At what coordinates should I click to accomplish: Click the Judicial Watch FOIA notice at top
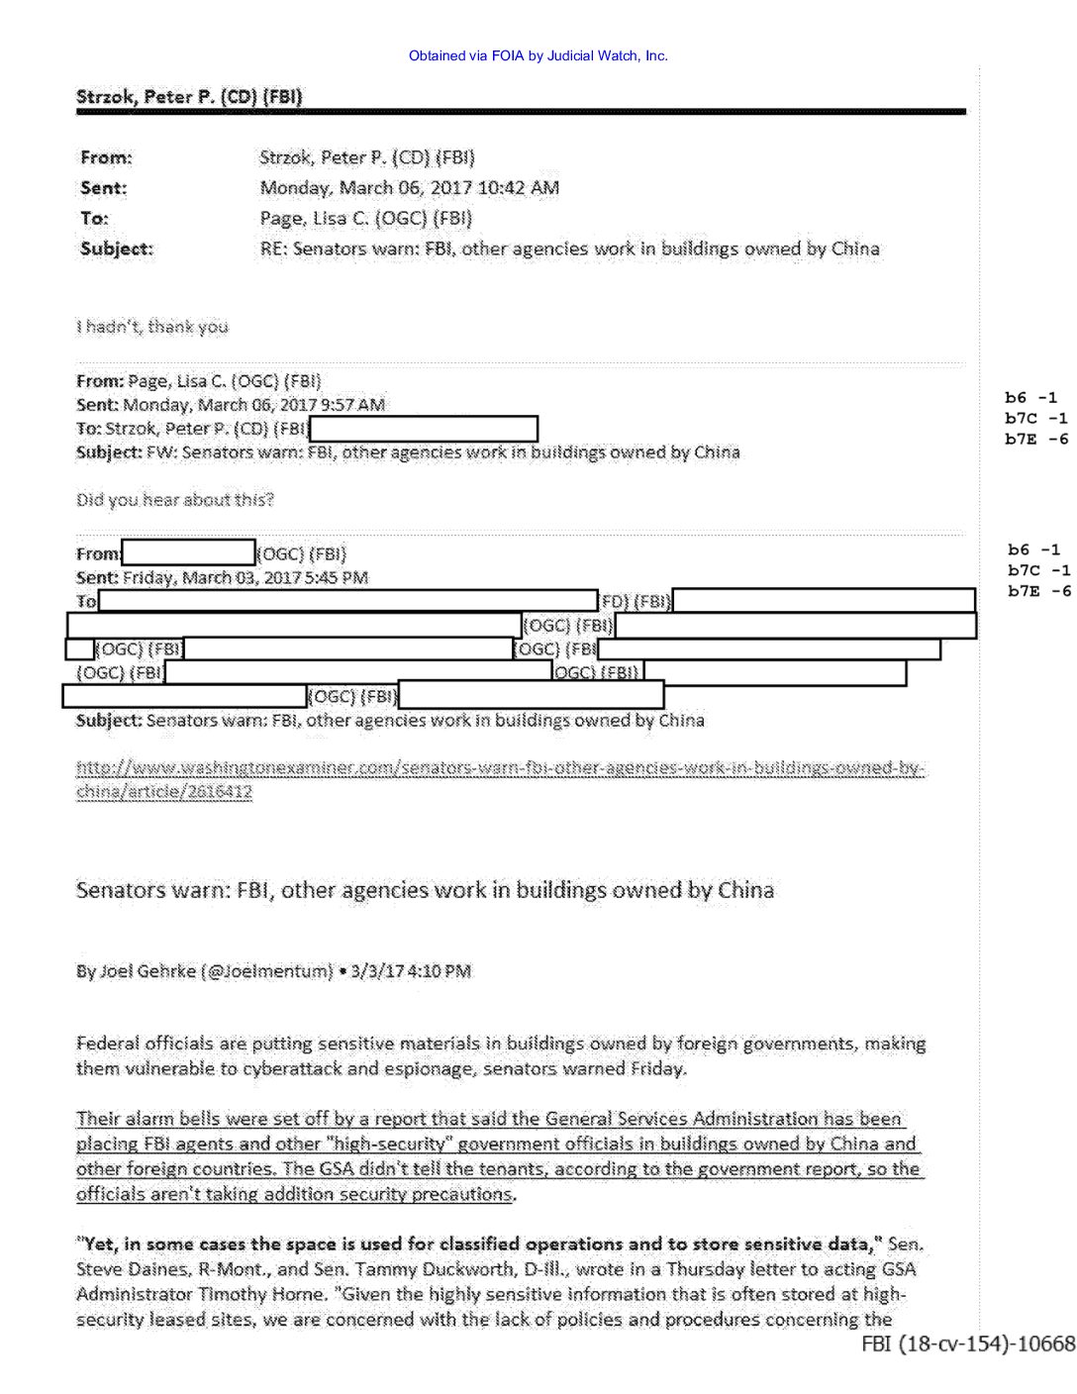(x=538, y=56)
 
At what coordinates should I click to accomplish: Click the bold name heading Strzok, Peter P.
(x=188, y=96)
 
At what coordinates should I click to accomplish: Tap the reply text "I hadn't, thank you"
(x=152, y=327)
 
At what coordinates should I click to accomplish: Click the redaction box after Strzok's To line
(x=423, y=429)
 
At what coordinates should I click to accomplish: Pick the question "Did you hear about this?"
(x=175, y=500)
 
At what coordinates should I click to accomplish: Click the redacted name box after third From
(x=188, y=552)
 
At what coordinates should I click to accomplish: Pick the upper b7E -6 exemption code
(x=1035, y=440)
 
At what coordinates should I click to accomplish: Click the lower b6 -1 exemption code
(x=1033, y=549)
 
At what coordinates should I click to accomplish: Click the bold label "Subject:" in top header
(x=117, y=249)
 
